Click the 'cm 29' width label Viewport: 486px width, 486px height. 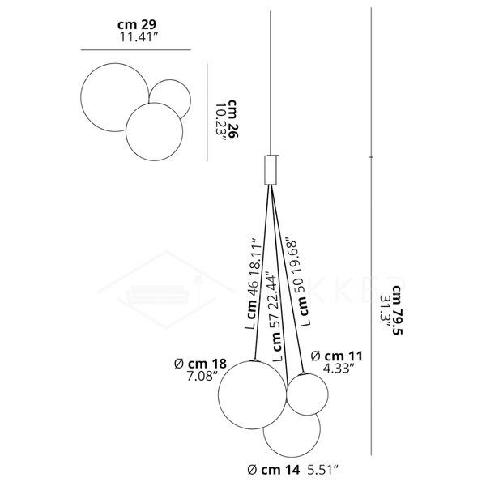[137, 24]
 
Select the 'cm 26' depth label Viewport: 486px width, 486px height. [233, 119]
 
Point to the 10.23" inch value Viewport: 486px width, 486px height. [220, 123]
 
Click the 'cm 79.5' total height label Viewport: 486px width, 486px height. [398, 310]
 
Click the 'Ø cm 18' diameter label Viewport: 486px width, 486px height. [200, 364]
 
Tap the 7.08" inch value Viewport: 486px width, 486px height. [201, 377]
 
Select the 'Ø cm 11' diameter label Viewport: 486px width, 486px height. [336, 356]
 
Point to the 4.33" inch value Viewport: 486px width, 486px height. [339, 369]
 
